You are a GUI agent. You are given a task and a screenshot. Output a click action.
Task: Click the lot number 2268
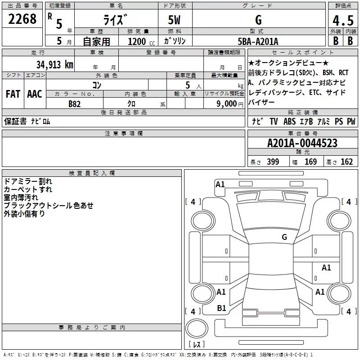[x=22, y=19]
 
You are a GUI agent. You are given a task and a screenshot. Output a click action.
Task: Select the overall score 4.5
[x=343, y=20]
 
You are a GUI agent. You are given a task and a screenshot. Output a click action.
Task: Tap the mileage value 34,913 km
[x=54, y=65]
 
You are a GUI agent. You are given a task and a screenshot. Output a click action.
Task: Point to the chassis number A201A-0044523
[x=302, y=143]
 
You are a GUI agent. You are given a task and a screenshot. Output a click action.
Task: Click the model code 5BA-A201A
[x=258, y=41]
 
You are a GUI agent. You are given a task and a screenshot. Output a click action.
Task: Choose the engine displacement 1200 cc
[x=141, y=41]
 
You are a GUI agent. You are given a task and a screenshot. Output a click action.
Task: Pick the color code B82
[x=74, y=104]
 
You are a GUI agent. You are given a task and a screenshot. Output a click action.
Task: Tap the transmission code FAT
[x=13, y=94]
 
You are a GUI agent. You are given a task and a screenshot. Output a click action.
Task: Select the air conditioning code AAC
[x=35, y=94]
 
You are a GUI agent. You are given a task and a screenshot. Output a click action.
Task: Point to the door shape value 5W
[x=174, y=20]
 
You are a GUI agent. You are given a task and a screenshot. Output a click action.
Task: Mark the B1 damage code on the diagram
[x=221, y=308]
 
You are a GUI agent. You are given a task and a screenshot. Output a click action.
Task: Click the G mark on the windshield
[x=284, y=237]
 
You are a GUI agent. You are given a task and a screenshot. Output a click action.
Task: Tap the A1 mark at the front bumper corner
[x=220, y=184]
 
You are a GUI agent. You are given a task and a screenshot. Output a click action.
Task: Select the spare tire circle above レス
[x=197, y=328]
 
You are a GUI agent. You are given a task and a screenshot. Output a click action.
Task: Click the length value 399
[x=273, y=162]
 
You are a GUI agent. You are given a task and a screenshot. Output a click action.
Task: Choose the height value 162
[x=346, y=162]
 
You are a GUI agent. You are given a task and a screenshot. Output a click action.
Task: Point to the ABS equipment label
[x=289, y=121]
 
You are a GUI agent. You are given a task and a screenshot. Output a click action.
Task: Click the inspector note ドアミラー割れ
[x=28, y=181]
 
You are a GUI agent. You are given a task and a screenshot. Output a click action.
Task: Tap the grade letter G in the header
[x=258, y=20]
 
